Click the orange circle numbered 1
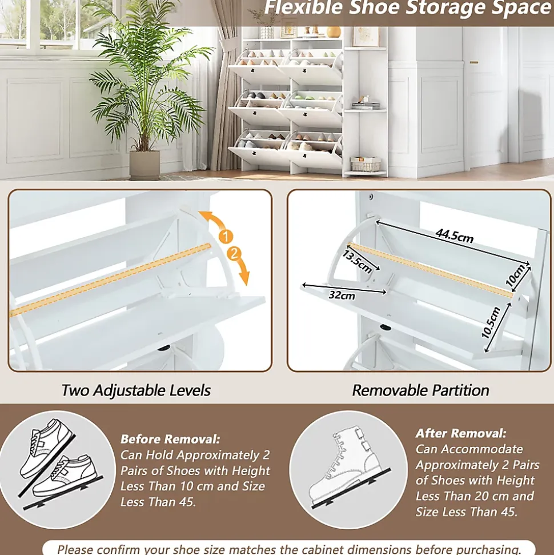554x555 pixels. point(226,236)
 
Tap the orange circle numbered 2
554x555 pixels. point(234,253)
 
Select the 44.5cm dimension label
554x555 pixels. point(454,235)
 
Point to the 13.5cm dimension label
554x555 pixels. point(357,262)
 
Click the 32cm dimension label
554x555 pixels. point(342,295)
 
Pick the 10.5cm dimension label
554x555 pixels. point(491,322)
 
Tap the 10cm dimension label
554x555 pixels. point(515,275)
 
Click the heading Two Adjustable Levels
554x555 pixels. point(136,390)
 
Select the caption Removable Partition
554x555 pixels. point(420,390)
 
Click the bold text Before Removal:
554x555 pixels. point(170,439)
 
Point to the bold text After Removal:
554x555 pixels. point(461,433)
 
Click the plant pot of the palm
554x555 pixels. point(144,165)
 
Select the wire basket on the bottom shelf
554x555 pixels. point(366,164)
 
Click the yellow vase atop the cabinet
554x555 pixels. point(334,32)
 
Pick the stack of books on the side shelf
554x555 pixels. point(366,105)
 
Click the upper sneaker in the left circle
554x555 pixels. point(46,448)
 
